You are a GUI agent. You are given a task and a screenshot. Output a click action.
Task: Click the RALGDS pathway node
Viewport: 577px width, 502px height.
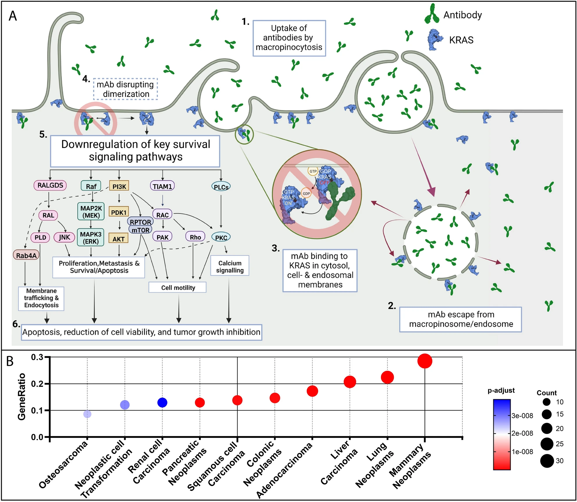pos(50,185)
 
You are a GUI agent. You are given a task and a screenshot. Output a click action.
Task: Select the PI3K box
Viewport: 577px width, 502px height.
pos(119,186)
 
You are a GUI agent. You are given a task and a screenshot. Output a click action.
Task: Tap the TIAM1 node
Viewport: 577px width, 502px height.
pos(162,186)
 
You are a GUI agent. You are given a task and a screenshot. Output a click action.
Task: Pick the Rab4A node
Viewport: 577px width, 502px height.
pos(26,255)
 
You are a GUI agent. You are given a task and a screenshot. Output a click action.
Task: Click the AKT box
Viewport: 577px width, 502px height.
pos(118,238)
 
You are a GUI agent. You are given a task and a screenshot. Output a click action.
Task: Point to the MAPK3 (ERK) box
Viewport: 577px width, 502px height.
pos(91,237)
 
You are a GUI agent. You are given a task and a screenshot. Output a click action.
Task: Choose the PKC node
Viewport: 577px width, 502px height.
pos(221,237)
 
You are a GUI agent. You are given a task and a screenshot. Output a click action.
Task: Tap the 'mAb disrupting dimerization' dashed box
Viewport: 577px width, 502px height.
pos(125,89)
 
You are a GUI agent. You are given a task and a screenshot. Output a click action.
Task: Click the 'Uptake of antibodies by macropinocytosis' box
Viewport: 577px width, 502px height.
pos(289,38)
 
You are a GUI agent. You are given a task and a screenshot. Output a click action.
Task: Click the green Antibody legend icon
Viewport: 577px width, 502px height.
pos(432,14)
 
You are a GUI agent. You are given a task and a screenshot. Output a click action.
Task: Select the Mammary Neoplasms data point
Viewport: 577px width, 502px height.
pos(425,361)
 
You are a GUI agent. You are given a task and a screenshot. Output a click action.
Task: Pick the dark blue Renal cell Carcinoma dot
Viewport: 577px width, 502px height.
pos(162,402)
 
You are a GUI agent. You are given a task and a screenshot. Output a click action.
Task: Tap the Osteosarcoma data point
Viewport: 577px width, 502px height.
pos(87,414)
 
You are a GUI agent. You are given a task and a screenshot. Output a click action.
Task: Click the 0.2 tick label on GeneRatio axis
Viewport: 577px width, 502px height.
pos(37,383)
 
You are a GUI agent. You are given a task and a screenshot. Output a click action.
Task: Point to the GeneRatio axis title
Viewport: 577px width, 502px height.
pos(22,397)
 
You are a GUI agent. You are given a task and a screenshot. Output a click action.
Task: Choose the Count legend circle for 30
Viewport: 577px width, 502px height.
pos(547,461)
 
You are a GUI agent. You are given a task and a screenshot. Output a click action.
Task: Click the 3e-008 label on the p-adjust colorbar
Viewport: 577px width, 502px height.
pos(522,416)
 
